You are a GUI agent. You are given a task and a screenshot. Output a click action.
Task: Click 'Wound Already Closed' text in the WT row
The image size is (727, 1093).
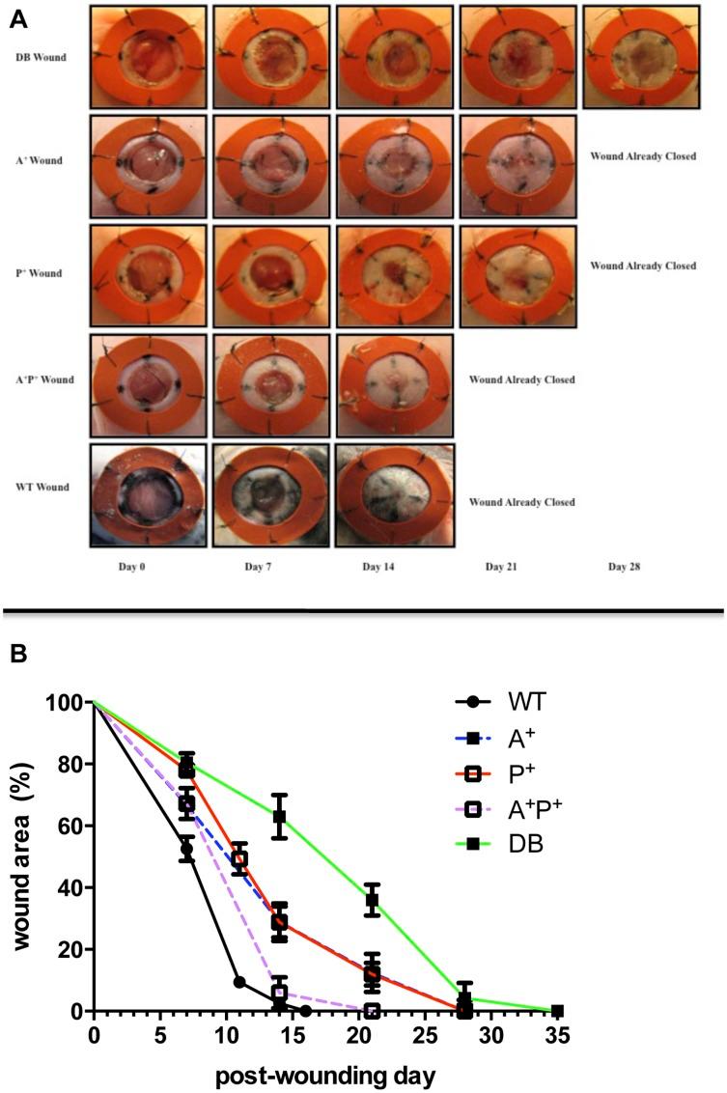[521, 502]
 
